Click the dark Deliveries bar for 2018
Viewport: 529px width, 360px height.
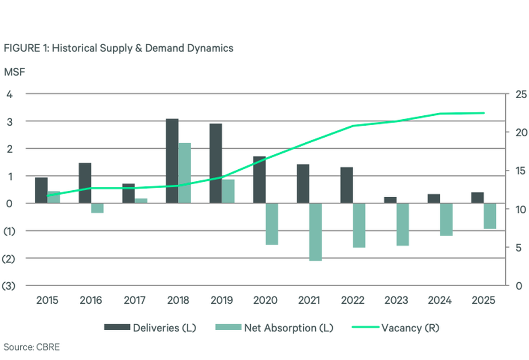172,161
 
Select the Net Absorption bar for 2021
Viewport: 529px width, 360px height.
315,232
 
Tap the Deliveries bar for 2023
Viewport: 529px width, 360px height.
390,200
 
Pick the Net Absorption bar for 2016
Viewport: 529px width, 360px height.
97,208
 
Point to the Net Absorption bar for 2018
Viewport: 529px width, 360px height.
185,173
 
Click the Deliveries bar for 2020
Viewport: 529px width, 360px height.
260,180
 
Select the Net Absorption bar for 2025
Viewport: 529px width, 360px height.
490,216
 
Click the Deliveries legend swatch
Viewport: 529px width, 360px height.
117,327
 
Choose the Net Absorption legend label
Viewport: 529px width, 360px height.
289,328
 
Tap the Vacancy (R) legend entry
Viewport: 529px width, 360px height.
396,328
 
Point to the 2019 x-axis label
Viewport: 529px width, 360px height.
222,300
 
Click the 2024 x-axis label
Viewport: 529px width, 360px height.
440,300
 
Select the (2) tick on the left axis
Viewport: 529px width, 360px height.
9,259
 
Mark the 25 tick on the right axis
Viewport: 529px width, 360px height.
521,94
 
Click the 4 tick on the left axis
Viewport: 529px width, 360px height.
9,94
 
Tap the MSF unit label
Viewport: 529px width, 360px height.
14,72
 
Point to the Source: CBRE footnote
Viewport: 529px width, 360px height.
32,347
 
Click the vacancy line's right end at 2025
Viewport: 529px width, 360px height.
484,113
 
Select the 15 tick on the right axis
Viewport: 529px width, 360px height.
521,171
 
